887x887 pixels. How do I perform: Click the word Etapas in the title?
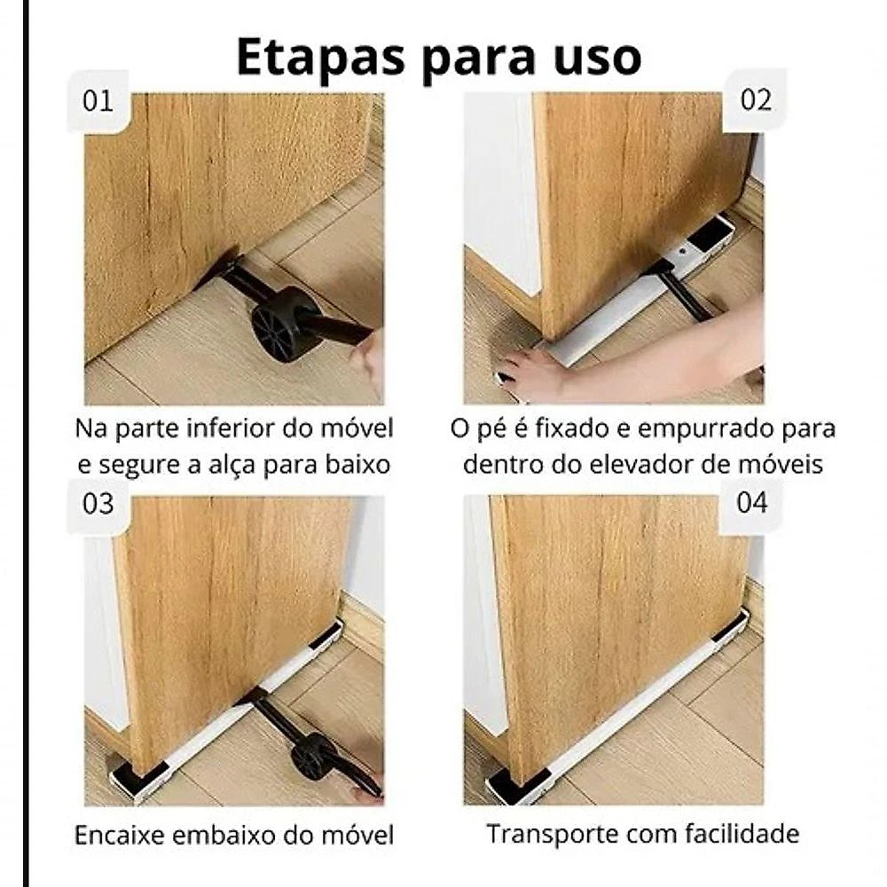point(321,56)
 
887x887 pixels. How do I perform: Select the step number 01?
point(98,101)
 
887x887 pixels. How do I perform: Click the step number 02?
point(756,100)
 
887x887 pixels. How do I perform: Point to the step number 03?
point(98,504)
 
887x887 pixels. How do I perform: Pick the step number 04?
point(752,502)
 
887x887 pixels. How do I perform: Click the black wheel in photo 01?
point(278,324)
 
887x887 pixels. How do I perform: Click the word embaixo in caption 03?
point(224,836)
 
